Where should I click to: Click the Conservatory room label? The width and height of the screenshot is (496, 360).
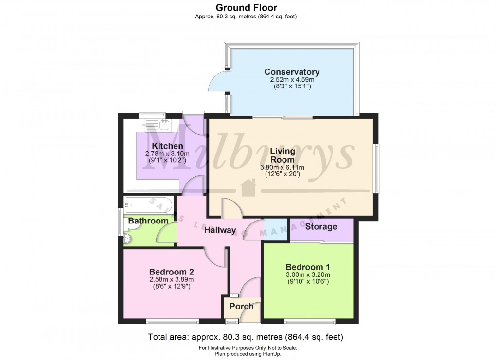click(292, 72)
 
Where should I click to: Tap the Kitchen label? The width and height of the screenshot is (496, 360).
click(167, 146)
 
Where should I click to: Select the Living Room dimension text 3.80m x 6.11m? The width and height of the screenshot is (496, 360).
click(282, 167)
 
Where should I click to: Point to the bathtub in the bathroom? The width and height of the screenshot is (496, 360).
click(148, 205)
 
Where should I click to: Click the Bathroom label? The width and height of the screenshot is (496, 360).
click(148, 221)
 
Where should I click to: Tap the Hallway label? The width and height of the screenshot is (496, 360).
click(220, 230)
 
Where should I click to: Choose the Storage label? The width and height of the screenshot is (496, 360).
click(321, 226)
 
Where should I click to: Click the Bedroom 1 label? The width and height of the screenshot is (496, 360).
click(307, 267)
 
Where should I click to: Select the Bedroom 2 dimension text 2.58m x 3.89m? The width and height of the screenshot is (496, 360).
click(172, 279)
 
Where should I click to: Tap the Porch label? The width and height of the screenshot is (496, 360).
click(241, 306)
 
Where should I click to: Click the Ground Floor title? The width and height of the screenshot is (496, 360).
click(246, 8)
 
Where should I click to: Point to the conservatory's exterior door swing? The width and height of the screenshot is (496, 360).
click(218, 82)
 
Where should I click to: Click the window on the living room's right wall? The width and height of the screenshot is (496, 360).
click(376, 169)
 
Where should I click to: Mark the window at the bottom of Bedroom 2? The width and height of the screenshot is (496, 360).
click(173, 322)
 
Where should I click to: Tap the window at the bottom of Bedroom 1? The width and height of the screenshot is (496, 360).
click(310, 322)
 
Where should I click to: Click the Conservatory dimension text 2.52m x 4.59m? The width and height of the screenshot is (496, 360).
click(292, 80)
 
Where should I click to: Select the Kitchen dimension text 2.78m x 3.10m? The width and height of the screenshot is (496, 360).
click(167, 154)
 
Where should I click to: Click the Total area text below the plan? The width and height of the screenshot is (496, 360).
click(246, 337)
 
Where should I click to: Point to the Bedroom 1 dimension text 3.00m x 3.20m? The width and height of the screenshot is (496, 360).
click(307, 274)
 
